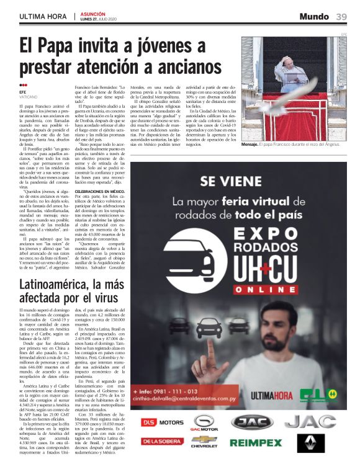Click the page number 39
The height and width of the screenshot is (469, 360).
pyautogui.click(x=341, y=16)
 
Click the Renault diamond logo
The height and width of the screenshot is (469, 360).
pyautogui.click(x=310, y=443)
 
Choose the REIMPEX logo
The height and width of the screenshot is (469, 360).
pyautogui.click(x=255, y=442)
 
